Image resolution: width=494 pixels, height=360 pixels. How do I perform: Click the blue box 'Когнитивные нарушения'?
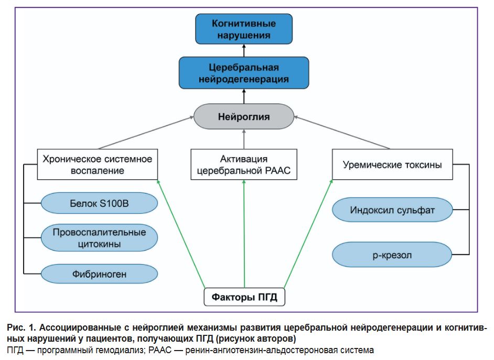pos(244,29)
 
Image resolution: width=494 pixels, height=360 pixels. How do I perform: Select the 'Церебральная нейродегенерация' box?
pos(244,73)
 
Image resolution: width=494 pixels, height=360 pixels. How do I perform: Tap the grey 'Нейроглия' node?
pos(244,117)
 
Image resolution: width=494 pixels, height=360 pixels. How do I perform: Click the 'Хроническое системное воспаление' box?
pos(98,164)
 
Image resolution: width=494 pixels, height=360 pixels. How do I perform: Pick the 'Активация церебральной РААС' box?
pos(244,165)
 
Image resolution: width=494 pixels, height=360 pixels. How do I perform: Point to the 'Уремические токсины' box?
pos(392,165)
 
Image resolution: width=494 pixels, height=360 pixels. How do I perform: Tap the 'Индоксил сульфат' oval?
pos(392,211)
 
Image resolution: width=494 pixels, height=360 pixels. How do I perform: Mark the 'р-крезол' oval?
pos(392,255)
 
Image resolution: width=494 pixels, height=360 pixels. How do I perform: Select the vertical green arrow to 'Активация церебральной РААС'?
pos(244,236)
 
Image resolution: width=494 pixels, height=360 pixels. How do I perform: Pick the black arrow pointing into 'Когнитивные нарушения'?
pos(244,51)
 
